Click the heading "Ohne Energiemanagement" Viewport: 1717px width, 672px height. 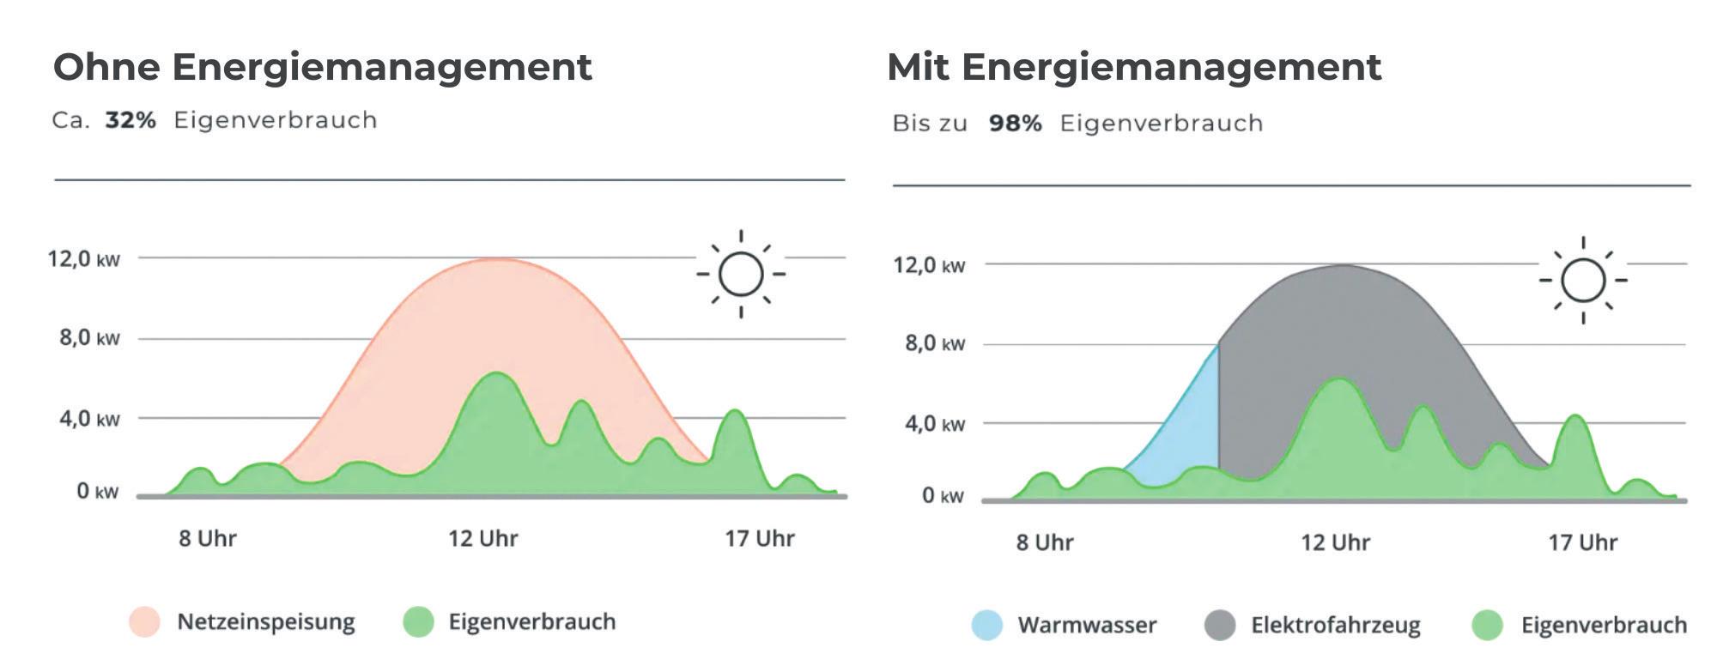point(322,67)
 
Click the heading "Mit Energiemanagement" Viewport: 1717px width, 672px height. point(1133,67)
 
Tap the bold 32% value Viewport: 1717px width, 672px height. point(130,120)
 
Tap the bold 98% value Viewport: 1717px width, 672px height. point(1015,124)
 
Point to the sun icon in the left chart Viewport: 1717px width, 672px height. point(740,274)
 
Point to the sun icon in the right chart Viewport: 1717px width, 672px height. point(1582,281)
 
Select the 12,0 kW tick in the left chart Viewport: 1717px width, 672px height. point(83,258)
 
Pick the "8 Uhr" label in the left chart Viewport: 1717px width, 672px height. point(207,539)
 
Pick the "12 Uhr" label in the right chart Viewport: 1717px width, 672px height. point(1335,542)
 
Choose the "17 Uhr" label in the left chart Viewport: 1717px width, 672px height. point(759,539)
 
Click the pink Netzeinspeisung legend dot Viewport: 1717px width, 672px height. point(144,622)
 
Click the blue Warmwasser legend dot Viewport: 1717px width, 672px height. point(986,626)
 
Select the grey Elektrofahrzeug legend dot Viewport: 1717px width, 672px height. point(1220,626)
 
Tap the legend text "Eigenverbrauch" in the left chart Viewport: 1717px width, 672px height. point(531,622)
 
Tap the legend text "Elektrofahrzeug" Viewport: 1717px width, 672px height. point(1335,626)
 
